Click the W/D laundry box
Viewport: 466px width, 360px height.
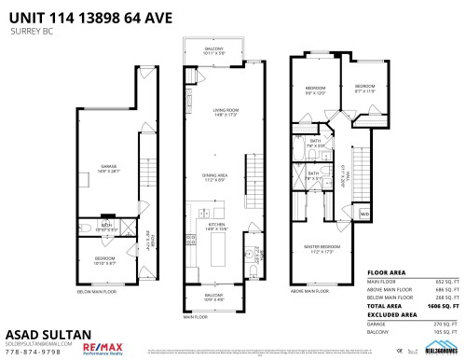click(x=364, y=215)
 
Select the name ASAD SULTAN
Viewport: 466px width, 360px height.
click(x=41, y=332)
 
